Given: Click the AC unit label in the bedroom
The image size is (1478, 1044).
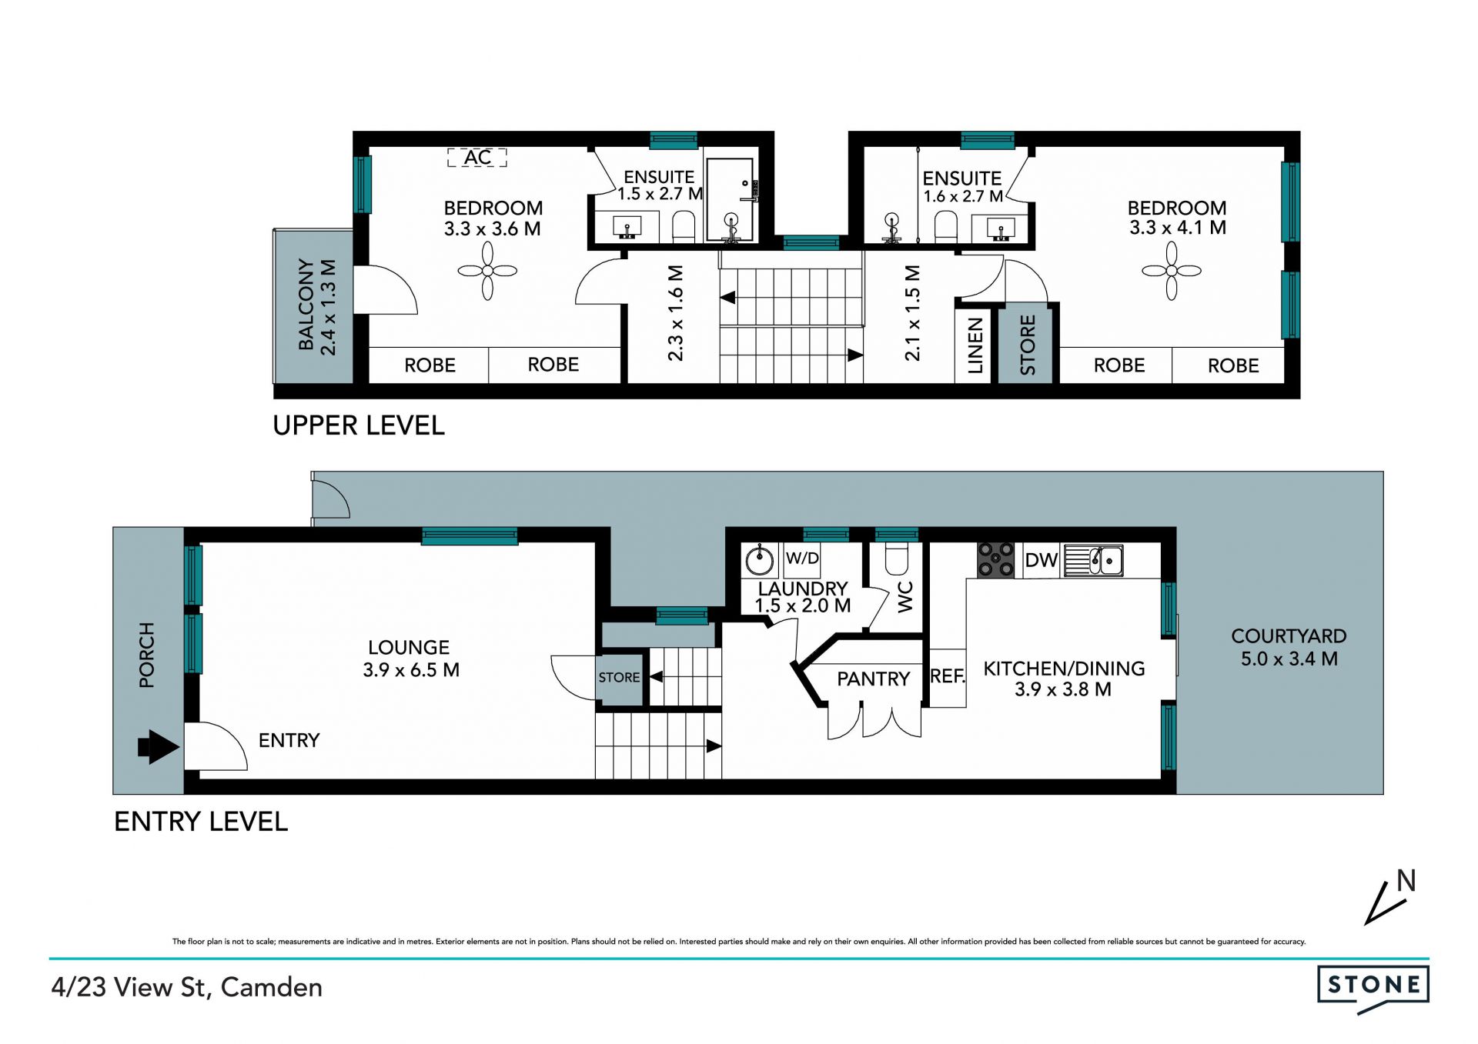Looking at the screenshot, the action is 477,158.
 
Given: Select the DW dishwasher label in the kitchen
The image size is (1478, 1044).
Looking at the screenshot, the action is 1042,560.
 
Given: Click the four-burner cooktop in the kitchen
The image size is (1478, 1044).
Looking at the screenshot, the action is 995,560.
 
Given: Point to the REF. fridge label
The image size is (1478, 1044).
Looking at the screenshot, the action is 948,676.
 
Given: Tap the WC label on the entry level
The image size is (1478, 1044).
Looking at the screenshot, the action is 905,597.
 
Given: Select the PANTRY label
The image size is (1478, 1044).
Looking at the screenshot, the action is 874,679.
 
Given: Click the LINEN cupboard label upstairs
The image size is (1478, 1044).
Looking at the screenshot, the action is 975,345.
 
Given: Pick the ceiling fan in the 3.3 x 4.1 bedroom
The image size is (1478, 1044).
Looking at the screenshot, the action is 1171,271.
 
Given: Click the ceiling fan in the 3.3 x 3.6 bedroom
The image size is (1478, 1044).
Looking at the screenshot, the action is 487,271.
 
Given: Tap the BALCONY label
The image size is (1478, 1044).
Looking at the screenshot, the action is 306,305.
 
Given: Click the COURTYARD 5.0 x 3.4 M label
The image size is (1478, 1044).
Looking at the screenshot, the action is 1289,647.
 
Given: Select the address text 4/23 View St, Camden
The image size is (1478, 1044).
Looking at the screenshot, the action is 187,988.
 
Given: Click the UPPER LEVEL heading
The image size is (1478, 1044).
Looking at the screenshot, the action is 359,425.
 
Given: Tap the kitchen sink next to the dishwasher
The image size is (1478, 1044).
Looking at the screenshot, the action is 1093,561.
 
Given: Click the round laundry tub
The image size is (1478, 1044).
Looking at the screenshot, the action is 761,559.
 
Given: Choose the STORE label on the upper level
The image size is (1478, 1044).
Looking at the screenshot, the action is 1028,345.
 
